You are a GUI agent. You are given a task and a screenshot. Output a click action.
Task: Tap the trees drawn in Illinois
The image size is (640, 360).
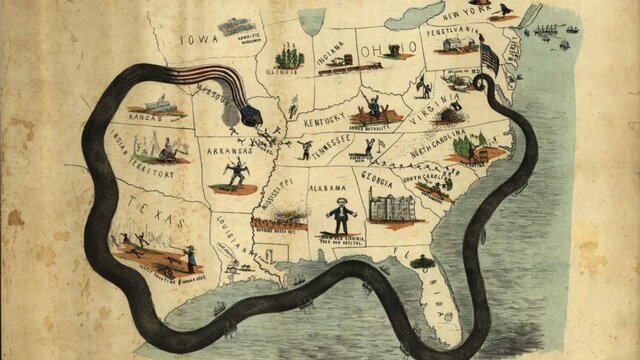click(288, 55)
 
